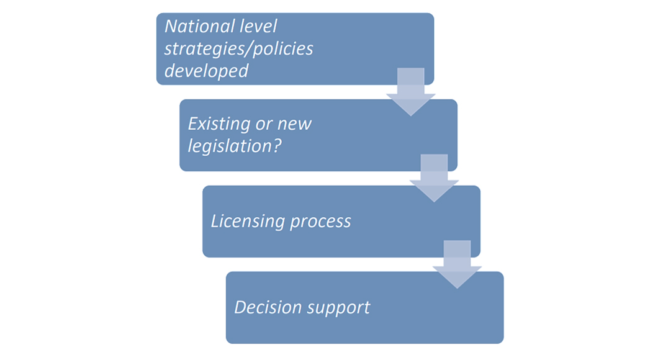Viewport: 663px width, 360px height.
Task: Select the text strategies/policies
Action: [238, 49]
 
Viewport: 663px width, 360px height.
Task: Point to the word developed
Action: [206, 71]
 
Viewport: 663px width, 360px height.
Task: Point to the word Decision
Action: [266, 307]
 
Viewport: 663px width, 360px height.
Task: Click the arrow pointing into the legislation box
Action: [410, 91]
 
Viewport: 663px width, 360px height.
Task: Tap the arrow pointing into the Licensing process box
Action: [433, 178]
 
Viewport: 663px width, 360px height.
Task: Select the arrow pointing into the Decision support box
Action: [456, 264]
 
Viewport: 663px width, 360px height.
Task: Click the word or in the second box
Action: [261, 124]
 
